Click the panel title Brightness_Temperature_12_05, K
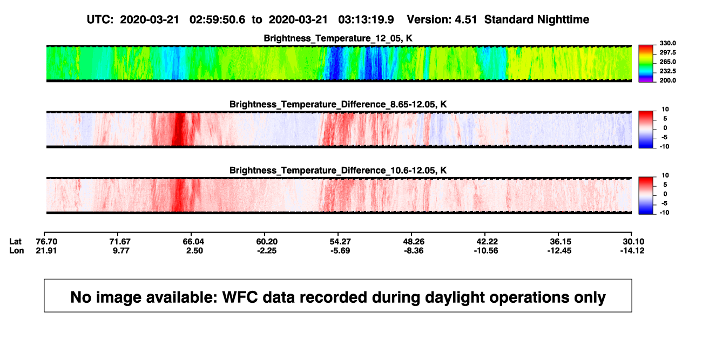[338, 38]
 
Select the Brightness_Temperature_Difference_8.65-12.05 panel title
[338, 104]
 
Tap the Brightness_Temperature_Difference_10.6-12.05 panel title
[338, 171]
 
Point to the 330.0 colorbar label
[667, 43]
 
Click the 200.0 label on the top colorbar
[667, 80]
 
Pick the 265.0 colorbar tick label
[667, 62]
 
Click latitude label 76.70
[46, 242]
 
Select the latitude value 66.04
[193, 242]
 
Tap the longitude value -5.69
[340, 250]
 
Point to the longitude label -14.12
[632, 250]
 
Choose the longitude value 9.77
[121, 250]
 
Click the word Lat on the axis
[15, 242]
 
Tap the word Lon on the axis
[17, 250]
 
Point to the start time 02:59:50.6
[217, 19]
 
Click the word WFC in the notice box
[240, 297]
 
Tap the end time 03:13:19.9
[366, 19]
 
